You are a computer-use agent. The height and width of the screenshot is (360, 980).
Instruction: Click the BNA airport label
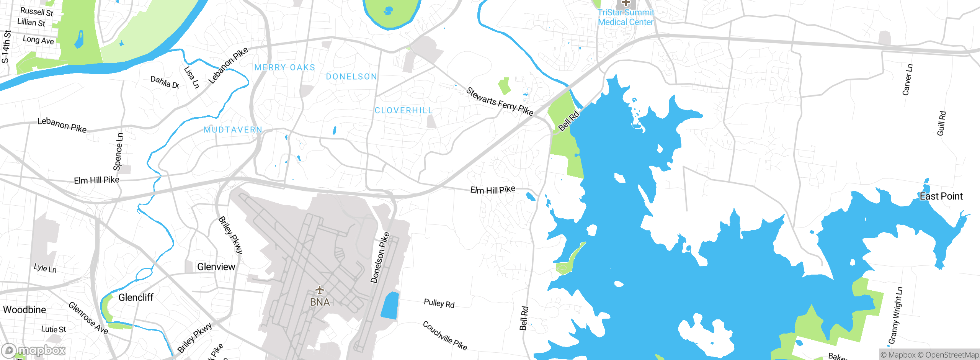point(320,302)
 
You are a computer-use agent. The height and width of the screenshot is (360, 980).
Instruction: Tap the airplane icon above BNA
point(320,290)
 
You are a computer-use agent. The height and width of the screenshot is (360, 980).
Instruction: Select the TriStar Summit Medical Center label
point(626,18)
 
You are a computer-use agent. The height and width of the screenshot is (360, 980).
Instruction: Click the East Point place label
point(941,196)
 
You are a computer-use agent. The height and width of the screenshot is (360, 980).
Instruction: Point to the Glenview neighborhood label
point(216,267)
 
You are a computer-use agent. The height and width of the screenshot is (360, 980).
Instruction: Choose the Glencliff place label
point(136,298)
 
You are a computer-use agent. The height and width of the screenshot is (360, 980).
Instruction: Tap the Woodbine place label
point(24,310)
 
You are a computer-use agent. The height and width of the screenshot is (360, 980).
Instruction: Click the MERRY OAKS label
point(285,68)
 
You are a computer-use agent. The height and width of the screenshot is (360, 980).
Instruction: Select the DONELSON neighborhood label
point(351,77)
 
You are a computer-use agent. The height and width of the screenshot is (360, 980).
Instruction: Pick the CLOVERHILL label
point(403,111)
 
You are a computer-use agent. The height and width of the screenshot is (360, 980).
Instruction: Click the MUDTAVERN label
point(233,130)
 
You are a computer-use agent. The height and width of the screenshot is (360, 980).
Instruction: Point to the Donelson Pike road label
point(380,258)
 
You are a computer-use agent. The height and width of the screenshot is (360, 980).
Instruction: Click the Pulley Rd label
point(439,304)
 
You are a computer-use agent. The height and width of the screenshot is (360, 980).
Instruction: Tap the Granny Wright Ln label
point(895,316)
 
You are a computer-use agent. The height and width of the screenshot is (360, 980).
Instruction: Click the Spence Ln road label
point(118,152)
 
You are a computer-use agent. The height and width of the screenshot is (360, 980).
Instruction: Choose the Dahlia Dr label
point(165,82)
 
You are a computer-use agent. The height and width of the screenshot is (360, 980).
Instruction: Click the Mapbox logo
point(34,350)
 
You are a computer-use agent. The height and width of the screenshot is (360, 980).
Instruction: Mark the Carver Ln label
point(908,80)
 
